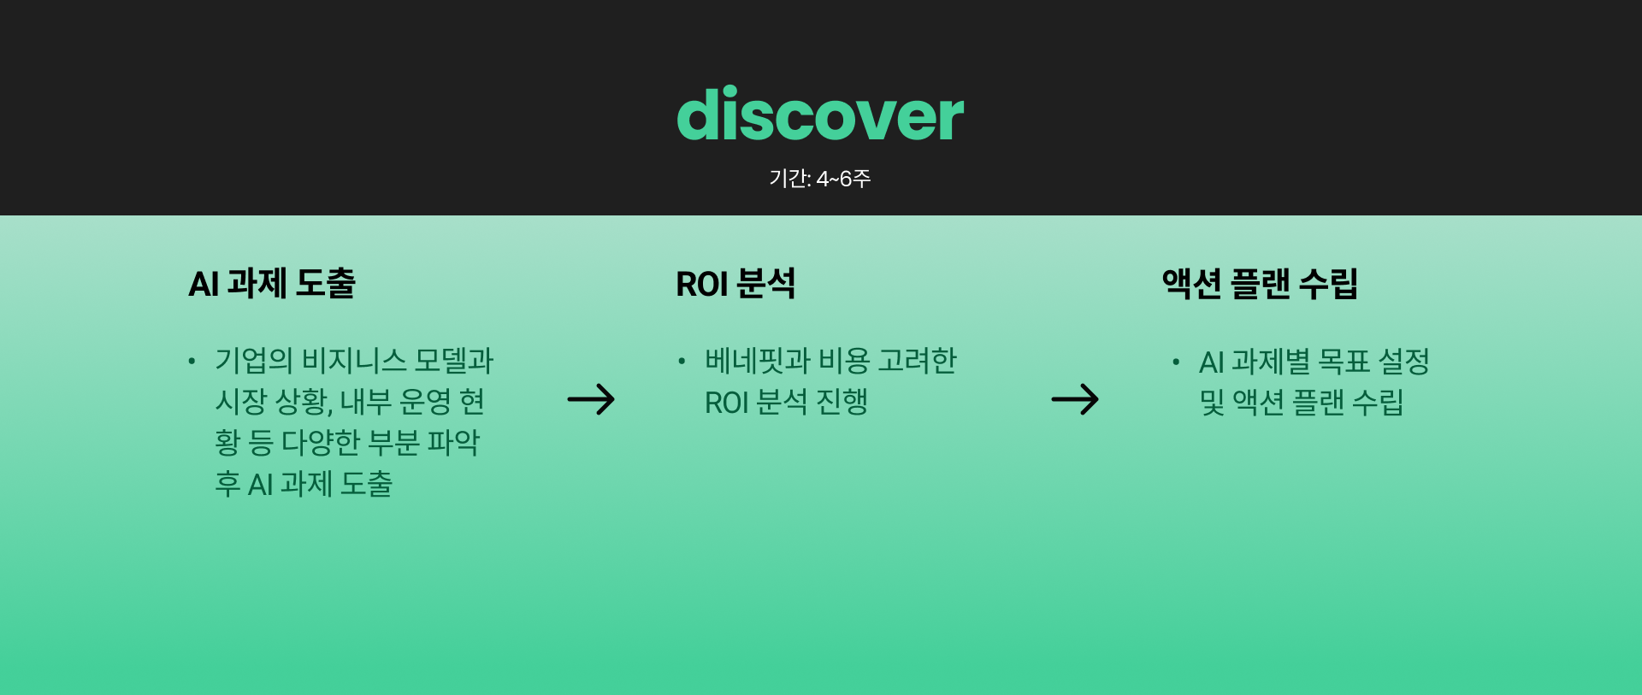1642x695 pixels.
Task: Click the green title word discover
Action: click(820, 114)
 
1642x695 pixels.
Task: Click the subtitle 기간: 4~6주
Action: click(819, 179)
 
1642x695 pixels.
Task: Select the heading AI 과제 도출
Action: click(272, 283)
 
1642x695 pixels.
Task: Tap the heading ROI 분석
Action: click(735, 283)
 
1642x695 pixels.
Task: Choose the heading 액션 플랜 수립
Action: click(1260, 283)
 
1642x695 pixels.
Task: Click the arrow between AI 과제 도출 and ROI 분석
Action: click(591, 399)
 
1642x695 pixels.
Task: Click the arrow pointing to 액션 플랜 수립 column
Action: click(1075, 399)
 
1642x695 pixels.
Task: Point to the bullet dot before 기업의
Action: click(192, 362)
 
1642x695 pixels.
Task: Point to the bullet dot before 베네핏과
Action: click(682, 362)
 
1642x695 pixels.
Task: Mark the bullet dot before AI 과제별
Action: click(1177, 362)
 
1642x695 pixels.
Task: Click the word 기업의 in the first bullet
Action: click(254, 361)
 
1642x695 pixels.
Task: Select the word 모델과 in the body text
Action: click(454, 361)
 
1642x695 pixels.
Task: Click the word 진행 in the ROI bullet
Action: click(842, 402)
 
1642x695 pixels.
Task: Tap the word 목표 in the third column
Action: click(1344, 362)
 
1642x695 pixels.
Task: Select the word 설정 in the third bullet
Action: click(1404, 362)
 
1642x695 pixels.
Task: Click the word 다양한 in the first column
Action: click(321, 443)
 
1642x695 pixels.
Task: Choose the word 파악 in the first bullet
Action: click(453, 443)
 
